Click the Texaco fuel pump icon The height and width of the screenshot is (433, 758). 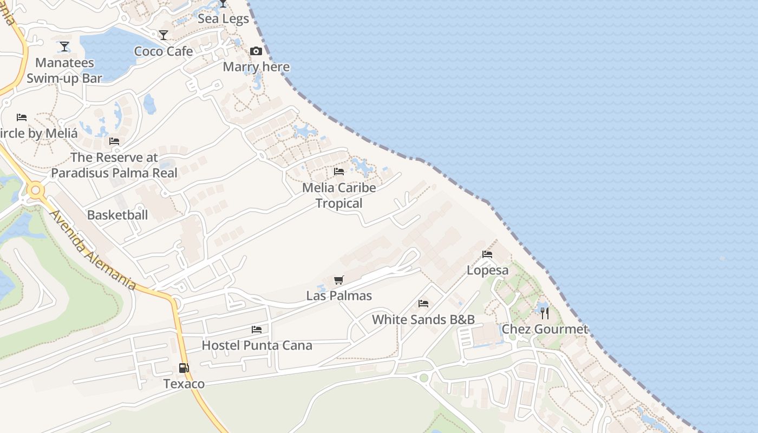pos(184,368)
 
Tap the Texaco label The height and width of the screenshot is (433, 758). pos(184,384)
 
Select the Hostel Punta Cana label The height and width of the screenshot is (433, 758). pos(257,345)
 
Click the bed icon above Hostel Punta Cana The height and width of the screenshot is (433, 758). pos(257,329)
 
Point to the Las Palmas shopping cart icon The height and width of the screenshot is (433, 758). pos(339,280)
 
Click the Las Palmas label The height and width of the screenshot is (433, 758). pos(339,296)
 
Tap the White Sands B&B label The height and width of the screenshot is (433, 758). pos(423,319)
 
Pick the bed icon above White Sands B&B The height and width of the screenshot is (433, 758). pos(423,304)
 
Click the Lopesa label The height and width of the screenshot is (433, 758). pos(487,270)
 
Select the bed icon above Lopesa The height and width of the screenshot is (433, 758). pos(487,254)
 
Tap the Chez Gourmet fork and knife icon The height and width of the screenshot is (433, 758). pos(545,313)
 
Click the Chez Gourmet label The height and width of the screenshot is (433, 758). pos(545,329)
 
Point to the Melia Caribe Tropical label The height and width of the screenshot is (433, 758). pos(339,195)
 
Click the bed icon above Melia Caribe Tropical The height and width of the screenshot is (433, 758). pos(339,172)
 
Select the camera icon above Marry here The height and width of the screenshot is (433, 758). pos(256,51)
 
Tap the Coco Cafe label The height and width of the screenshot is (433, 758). pos(164,51)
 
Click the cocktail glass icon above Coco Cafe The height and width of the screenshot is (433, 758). pos(164,35)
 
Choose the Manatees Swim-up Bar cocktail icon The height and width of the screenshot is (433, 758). pos(64,47)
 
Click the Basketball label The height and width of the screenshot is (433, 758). pos(117,215)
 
